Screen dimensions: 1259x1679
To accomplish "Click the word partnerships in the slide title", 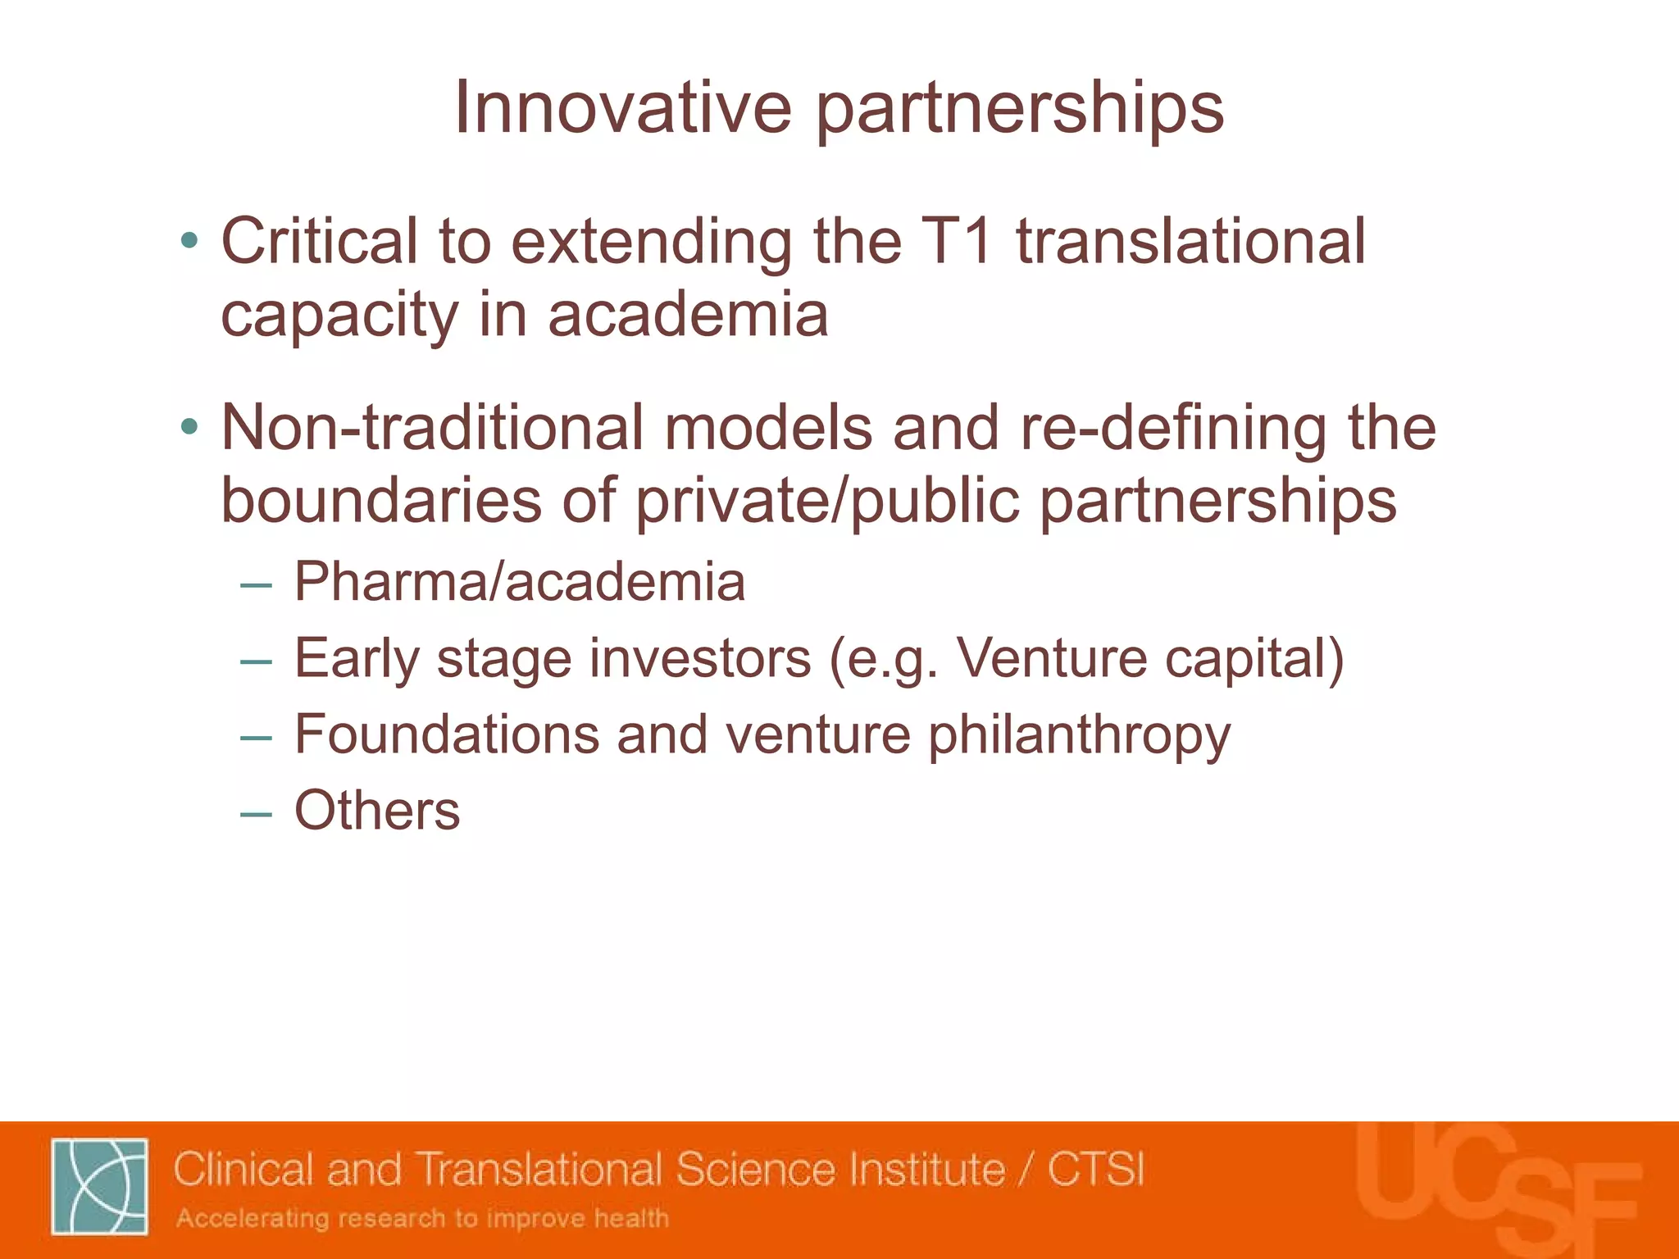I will coord(1019,109).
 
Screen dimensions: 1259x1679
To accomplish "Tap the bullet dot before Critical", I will coord(190,241).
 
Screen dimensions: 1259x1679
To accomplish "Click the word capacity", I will coord(339,316).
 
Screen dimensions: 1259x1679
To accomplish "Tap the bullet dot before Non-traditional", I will coord(190,427).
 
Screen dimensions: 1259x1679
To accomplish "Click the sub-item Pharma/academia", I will coord(520,582).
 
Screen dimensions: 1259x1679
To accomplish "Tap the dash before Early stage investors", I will coord(256,661).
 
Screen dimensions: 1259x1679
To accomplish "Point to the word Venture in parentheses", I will coord(1053,658).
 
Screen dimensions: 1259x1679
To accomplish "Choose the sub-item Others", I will coord(377,811).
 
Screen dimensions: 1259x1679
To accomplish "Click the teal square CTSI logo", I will coord(99,1186).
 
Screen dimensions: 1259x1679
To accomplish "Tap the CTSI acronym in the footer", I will coord(1095,1170).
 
